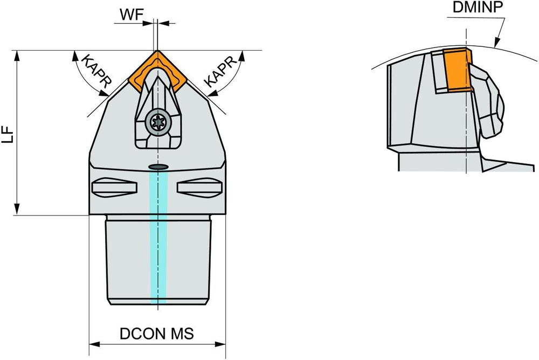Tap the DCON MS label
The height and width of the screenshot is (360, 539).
tap(156, 334)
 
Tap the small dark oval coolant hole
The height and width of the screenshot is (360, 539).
tap(157, 167)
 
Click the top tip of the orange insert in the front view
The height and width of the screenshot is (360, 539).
tap(157, 53)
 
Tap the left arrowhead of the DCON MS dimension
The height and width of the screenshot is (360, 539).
tap(93, 344)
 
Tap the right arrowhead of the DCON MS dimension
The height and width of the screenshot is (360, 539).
tap(222, 344)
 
